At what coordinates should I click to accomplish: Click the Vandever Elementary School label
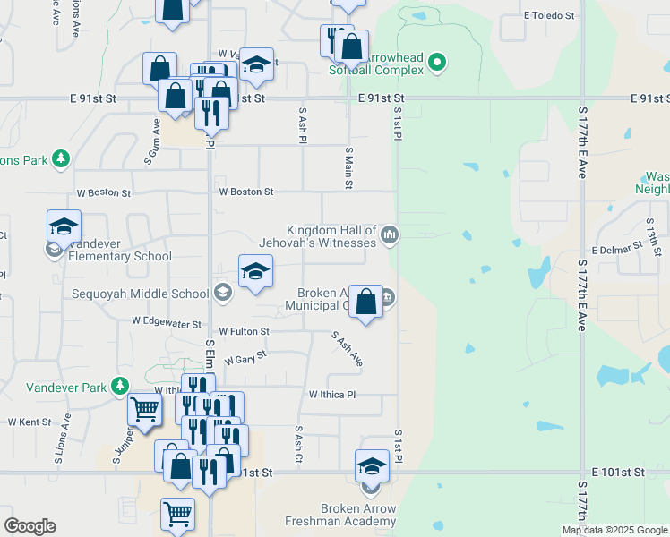[x=113, y=256]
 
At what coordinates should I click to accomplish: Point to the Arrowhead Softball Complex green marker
[x=436, y=62]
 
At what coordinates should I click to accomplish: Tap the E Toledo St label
[x=549, y=15]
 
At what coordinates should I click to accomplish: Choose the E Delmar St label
[x=618, y=248]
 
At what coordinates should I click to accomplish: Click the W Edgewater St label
[x=167, y=319]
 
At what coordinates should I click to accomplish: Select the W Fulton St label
[x=244, y=331]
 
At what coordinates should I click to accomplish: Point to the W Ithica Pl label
[x=332, y=394]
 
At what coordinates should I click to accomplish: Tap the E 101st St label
[x=618, y=471]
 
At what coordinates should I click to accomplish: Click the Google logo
[x=30, y=526]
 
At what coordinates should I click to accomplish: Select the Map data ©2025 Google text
[x=614, y=530]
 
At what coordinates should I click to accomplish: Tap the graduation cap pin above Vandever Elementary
[x=64, y=226]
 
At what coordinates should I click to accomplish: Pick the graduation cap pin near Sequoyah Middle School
[x=255, y=271]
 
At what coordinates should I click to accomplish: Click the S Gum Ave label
[x=153, y=143]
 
